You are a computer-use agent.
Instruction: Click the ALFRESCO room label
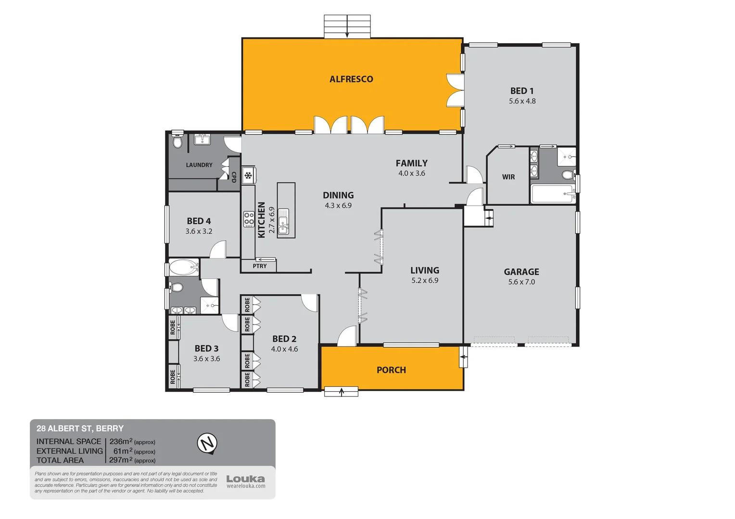pyautogui.click(x=351, y=79)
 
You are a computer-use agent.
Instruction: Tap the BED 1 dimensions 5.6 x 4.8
pyautogui.click(x=522, y=101)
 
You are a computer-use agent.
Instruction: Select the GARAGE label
pyautogui.click(x=521, y=272)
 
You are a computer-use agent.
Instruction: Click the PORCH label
pyautogui.click(x=391, y=370)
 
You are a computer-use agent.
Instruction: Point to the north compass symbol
pyautogui.click(x=207, y=443)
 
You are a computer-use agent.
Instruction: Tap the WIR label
pyautogui.click(x=508, y=177)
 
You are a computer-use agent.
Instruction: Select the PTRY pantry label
pyautogui.click(x=259, y=266)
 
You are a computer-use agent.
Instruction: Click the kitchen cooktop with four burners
pyautogui.click(x=249, y=219)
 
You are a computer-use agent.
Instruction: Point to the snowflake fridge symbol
pyautogui.click(x=248, y=176)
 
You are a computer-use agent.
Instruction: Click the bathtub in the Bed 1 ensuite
pyautogui.click(x=553, y=194)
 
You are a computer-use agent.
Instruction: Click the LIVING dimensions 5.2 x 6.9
pyautogui.click(x=425, y=281)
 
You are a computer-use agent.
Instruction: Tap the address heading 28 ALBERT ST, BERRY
pyautogui.click(x=80, y=428)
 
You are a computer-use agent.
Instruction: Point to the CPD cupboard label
pyautogui.click(x=234, y=177)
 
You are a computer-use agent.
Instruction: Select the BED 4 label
pyautogui.click(x=199, y=221)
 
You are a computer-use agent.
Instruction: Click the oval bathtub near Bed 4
pyautogui.click(x=184, y=267)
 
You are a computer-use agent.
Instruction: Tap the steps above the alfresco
pyautogui.click(x=347, y=26)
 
